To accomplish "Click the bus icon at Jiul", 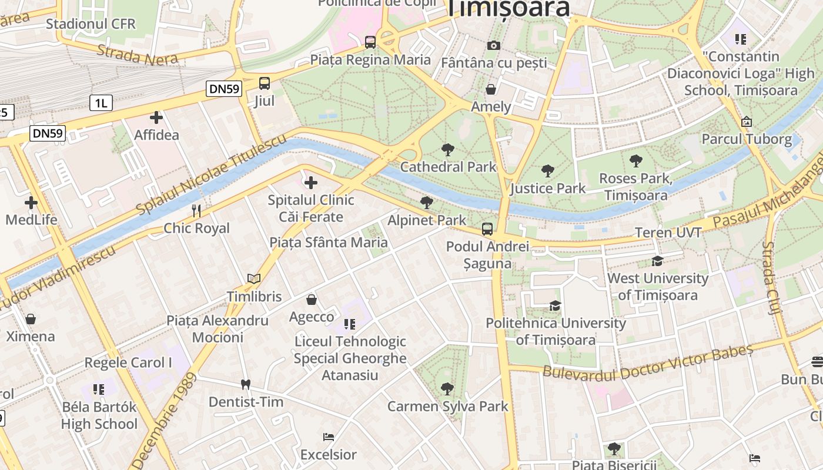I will coord(265,83).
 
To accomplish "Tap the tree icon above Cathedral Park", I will coord(448,150).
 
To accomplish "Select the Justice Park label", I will coord(548,188).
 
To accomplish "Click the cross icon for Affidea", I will coord(156,117).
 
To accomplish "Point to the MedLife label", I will coord(32,220).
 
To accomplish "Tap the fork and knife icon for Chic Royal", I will coord(196,210).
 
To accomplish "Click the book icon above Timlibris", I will coord(254,279).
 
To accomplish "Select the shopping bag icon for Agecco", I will coord(312,300).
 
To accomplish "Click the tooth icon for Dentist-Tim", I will coord(246,385).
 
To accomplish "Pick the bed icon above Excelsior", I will coord(329,437).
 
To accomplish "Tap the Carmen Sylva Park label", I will coord(448,406).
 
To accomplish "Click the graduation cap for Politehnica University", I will coord(555,305).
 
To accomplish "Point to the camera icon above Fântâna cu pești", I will coord(494,45).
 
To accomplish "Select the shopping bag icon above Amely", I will coord(491,89).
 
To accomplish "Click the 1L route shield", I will coord(101,103).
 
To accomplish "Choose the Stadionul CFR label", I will coord(91,24).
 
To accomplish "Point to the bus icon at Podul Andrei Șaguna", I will coord(487,229).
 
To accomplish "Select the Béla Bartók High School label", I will coord(99,415).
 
